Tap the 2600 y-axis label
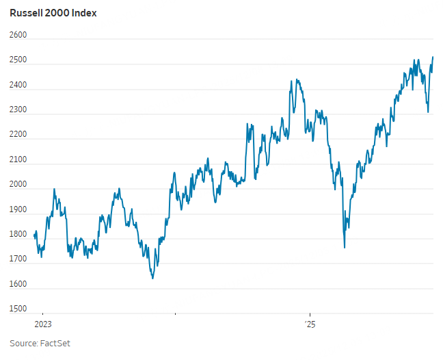point(18,36)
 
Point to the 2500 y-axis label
point(18,60)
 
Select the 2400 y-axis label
point(18,86)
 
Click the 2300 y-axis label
point(18,110)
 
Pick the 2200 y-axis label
point(18,135)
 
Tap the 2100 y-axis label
point(18,160)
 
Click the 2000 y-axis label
point(18,185)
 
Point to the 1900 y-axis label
point(18,209)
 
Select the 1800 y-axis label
point(18,235)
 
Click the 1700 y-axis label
point(18,259)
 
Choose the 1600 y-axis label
point(18,284)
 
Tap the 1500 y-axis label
point(18,309)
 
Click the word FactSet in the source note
point(57,344)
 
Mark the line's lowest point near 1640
point(152,278)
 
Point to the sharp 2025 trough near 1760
point(344,247)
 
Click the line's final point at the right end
point(433,57)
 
